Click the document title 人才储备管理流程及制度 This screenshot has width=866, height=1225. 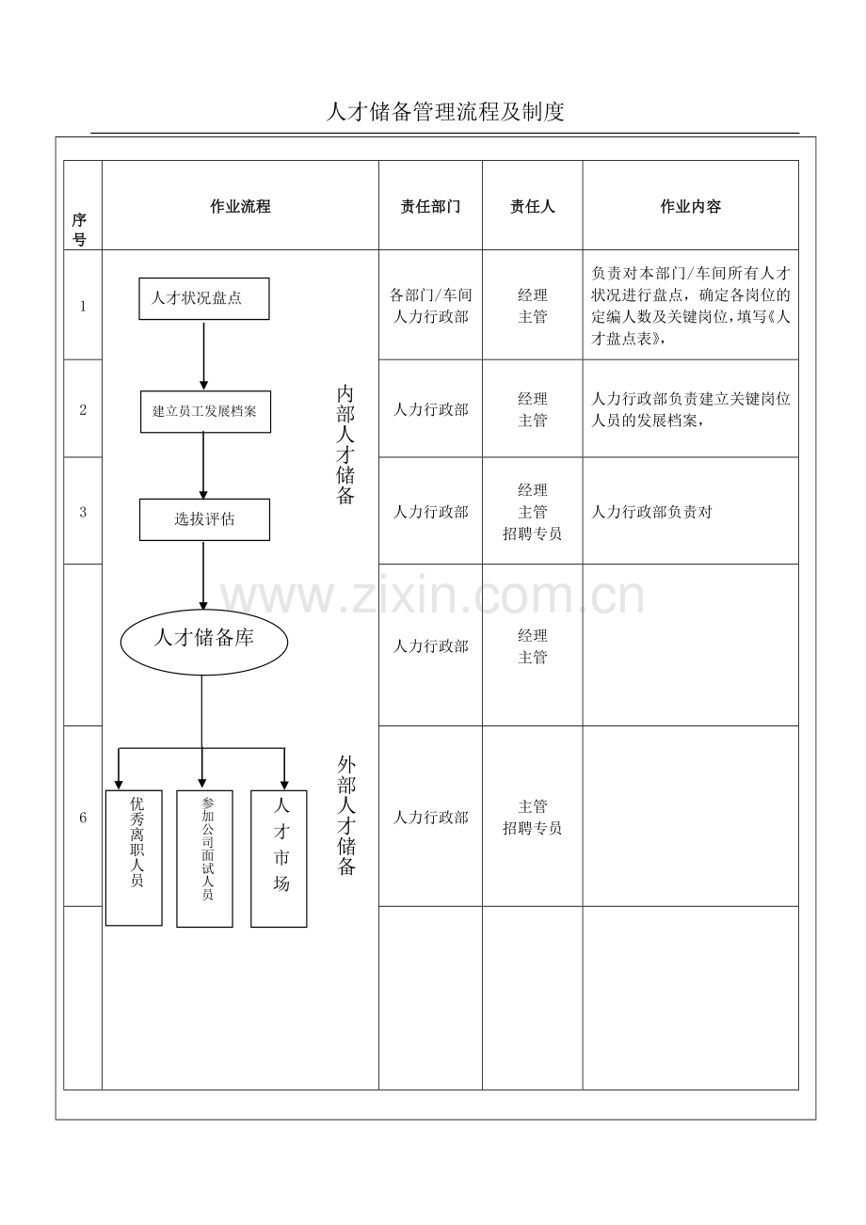point(444,112)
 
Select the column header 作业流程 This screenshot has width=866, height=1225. point(240,206)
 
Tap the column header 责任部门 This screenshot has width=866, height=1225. point(430,206)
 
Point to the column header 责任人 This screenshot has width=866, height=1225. point(532,206)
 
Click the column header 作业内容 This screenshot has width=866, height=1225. point(690,206)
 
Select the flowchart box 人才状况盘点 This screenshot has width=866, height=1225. point(204,298)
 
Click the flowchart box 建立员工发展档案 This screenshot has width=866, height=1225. point(205,411)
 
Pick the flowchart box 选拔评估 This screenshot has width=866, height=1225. point(204,519)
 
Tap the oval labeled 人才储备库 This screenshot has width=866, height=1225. point(204,642)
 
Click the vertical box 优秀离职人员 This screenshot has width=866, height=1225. point(134,857)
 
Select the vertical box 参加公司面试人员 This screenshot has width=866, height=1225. point(204,859)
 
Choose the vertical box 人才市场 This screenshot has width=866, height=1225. point(279,859)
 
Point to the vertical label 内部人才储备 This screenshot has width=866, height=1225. point(345,445)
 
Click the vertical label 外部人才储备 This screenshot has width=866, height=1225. point(346,815)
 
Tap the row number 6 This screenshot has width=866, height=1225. point(83,818)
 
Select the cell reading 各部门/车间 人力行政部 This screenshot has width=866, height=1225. point(430,306)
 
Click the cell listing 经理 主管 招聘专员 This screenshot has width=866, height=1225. point(532,511)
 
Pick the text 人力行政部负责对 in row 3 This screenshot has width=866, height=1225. point(651,512)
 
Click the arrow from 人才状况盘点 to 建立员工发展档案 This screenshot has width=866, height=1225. point(203,356)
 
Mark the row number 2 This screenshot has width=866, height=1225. point(83,409)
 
